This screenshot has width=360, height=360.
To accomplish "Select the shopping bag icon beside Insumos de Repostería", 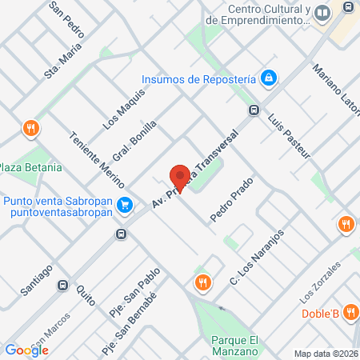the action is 270,78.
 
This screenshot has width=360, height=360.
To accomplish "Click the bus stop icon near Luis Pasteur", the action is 254,110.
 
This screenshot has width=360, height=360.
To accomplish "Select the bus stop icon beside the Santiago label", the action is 62,284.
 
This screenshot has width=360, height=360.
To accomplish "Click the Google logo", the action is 27,350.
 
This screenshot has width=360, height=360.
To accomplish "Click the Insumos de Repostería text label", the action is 198,78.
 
